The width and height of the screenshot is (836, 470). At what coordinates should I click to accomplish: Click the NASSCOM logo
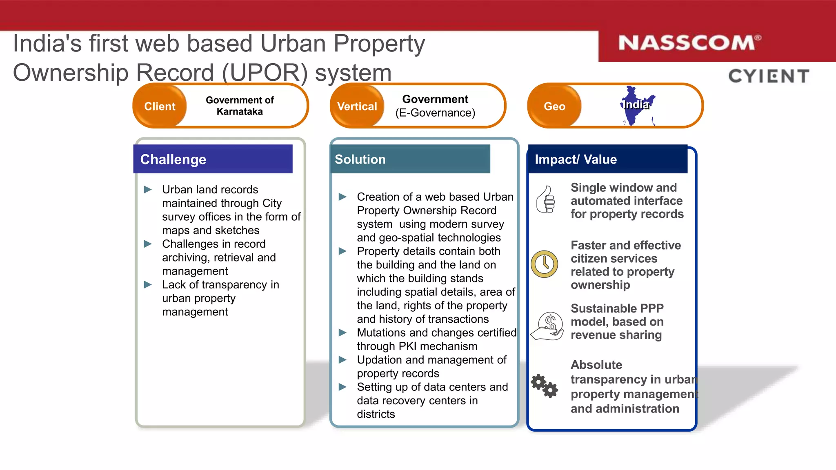689,43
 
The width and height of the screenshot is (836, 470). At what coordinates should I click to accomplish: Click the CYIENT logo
769,76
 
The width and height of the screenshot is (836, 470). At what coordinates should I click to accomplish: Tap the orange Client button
160,106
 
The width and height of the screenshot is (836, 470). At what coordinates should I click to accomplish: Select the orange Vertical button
357,106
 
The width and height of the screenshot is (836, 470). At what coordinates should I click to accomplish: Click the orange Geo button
554,106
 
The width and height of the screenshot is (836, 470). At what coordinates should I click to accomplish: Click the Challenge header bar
213,159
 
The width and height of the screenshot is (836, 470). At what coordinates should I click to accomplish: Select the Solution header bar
410,159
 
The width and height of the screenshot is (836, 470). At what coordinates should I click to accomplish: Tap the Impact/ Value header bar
607,159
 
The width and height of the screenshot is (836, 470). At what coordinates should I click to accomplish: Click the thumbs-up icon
546,200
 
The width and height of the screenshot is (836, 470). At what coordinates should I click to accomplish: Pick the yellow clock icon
545,264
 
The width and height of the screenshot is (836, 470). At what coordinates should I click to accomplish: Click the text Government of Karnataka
240,106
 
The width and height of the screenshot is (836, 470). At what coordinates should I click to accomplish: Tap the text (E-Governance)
435,113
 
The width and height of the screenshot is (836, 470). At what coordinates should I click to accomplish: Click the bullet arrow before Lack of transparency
148,284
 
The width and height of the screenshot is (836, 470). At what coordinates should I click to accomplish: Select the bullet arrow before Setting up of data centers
342,387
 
